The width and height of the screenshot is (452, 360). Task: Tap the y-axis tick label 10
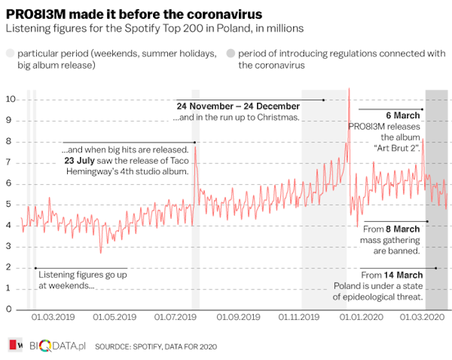pos(11,99)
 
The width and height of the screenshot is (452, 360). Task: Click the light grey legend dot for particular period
pos(10,54)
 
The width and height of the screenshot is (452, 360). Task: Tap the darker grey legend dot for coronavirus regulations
pos(231,54)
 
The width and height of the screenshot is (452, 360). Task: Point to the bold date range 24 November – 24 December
pos(238,106)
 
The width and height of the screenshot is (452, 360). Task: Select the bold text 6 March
pos(403,116)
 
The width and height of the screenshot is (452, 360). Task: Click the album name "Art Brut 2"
pos(397,148)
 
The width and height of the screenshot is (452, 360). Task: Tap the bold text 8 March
pos(404,229)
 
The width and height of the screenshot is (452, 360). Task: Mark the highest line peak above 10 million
pos(349,89)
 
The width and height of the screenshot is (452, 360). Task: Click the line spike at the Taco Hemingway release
pos(195,147)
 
